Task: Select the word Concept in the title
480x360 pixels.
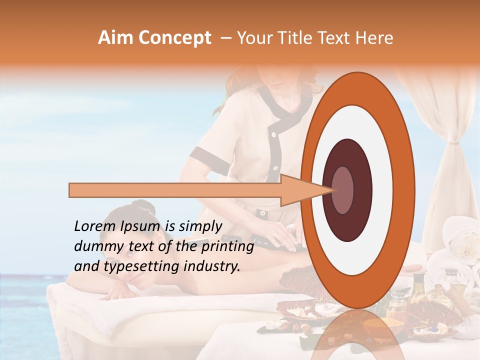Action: (174, 38)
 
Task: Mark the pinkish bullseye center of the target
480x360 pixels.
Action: (342, 190)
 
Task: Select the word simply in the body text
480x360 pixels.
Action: (200, 226)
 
